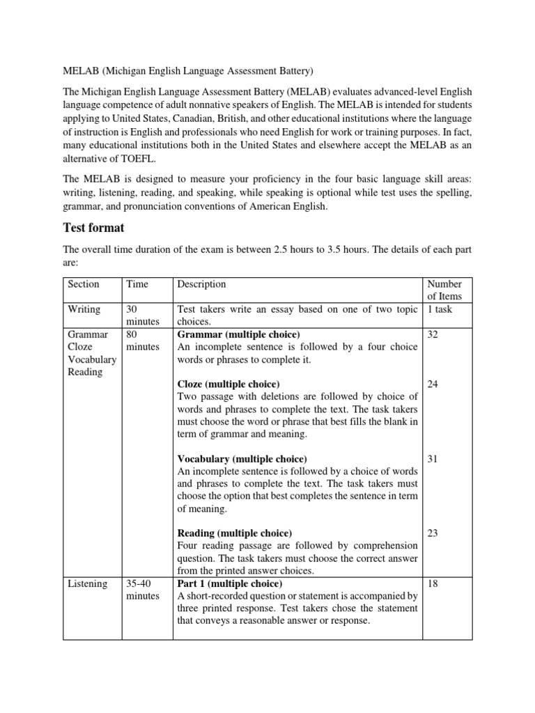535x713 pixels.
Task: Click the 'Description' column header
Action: coord(202,284)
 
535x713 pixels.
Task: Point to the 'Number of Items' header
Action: coord(444,290)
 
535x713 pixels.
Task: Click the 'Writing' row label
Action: coord(84,309)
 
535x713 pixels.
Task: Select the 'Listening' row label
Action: coord(87,583)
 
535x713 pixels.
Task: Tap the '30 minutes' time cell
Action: coord(142,315)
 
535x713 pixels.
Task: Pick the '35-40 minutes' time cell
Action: coord(142,590)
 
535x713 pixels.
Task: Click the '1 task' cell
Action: coord(440,309)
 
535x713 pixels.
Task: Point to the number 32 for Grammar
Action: coord(433,334)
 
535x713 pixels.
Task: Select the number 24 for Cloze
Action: coord(433,384)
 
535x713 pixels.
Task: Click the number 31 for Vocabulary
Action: coord(433,459)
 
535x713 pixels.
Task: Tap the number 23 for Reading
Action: coord(433,533)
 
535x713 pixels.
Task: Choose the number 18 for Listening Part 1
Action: coord(433,583)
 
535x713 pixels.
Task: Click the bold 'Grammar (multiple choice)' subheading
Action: coord(239,334)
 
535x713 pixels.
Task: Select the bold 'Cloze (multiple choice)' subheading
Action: coord(228,384)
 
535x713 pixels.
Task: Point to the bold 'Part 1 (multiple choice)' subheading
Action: coord(230,583)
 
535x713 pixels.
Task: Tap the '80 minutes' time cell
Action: coord(142,340)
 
